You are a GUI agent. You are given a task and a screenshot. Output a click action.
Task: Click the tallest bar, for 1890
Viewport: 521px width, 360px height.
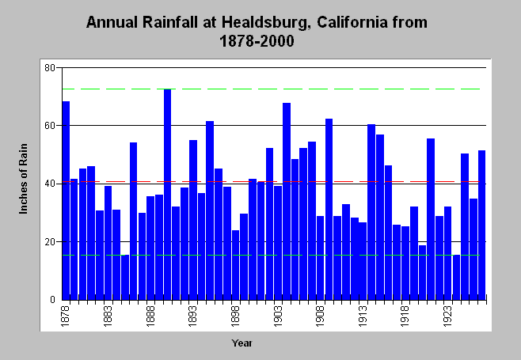click(x=168, y=195)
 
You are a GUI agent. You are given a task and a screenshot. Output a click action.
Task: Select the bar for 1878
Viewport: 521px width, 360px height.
click(x=66, y=200)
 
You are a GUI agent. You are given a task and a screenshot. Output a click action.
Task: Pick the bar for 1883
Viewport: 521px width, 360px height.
click(x=108, y=243)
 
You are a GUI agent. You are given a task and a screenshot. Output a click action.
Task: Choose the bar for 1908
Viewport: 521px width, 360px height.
click(x=321, y=258)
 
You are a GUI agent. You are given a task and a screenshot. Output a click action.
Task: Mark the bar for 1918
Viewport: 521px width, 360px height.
click(x=405, y=263)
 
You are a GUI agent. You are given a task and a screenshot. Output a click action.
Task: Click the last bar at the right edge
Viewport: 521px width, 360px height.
click(x=481, y=225)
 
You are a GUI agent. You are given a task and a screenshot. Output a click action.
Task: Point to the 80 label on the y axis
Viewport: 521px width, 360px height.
click(x=50, y=68)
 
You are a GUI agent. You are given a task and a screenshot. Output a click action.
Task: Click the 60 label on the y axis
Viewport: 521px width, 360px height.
click(x=50, y=126)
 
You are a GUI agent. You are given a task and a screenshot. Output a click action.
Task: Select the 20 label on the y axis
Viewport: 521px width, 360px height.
click(x=50, y=242)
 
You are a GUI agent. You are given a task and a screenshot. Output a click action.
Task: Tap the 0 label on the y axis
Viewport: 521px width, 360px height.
click(x=52, y=300)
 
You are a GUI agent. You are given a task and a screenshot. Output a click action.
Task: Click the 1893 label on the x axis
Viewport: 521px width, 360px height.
click(x=192, y=316)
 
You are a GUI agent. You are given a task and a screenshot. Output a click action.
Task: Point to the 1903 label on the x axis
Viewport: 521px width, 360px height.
click(x=278, y=316)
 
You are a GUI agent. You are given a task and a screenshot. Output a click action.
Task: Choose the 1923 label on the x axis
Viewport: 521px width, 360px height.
click(x=447, y=316)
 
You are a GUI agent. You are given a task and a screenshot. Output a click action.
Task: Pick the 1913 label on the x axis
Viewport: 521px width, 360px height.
click(x=363, y=316)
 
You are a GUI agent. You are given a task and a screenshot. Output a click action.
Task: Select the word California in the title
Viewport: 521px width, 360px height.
click(x=352, y=22)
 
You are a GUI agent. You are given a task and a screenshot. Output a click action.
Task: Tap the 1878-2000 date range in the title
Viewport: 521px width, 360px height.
click(x=257, y=41)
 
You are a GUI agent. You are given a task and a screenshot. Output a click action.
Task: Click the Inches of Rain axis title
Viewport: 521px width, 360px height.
click(x=23, y=179)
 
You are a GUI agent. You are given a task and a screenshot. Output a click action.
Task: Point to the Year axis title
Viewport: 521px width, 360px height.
click(x=242, y=343)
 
